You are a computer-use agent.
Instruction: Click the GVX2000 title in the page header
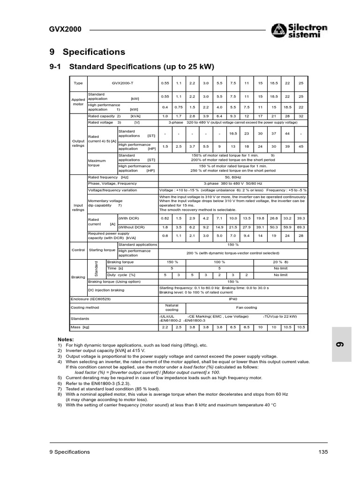coord(65,29)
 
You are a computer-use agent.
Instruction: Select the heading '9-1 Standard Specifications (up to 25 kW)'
coord(131,67)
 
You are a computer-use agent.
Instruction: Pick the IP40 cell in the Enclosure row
coord(233,299)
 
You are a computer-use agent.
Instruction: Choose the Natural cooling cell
coord(172,307)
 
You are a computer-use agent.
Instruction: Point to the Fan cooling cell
coord(246,307)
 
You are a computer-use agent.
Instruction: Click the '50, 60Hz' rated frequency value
coord(233,177)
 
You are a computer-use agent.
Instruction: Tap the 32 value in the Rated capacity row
coord(301,116)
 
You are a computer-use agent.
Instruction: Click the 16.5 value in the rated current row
coord(233,134)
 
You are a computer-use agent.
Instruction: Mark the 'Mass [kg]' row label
coord(80,327)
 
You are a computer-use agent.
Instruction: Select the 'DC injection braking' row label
coord(106,290)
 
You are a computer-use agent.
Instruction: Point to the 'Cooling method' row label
coord(85,307)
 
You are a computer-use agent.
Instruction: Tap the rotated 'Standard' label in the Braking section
coord(97,268)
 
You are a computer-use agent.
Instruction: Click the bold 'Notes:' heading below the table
coord(66,338)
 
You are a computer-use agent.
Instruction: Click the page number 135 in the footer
coord(322,452)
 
